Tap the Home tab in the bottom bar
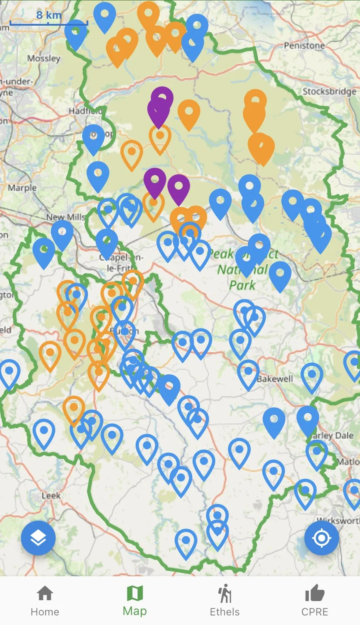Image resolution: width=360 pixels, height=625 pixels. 45,601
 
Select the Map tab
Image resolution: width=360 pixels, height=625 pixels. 135,601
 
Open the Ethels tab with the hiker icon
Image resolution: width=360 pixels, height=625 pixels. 225,601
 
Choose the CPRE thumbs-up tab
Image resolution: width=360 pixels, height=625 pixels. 315,601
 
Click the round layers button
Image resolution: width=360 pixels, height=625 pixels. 38,538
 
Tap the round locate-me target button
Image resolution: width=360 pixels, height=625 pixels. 321,538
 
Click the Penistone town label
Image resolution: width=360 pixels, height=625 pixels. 304,45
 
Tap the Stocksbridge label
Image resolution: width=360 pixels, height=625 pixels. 329,91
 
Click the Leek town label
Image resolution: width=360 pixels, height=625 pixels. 51,495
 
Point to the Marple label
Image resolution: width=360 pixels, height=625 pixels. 22,188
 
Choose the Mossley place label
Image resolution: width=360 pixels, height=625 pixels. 43,58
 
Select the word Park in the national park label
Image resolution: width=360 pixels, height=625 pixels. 243,285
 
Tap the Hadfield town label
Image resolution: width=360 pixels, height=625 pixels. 85,111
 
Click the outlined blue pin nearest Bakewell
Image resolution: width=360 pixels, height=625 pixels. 248,373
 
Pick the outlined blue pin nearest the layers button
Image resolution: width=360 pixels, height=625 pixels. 44,432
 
